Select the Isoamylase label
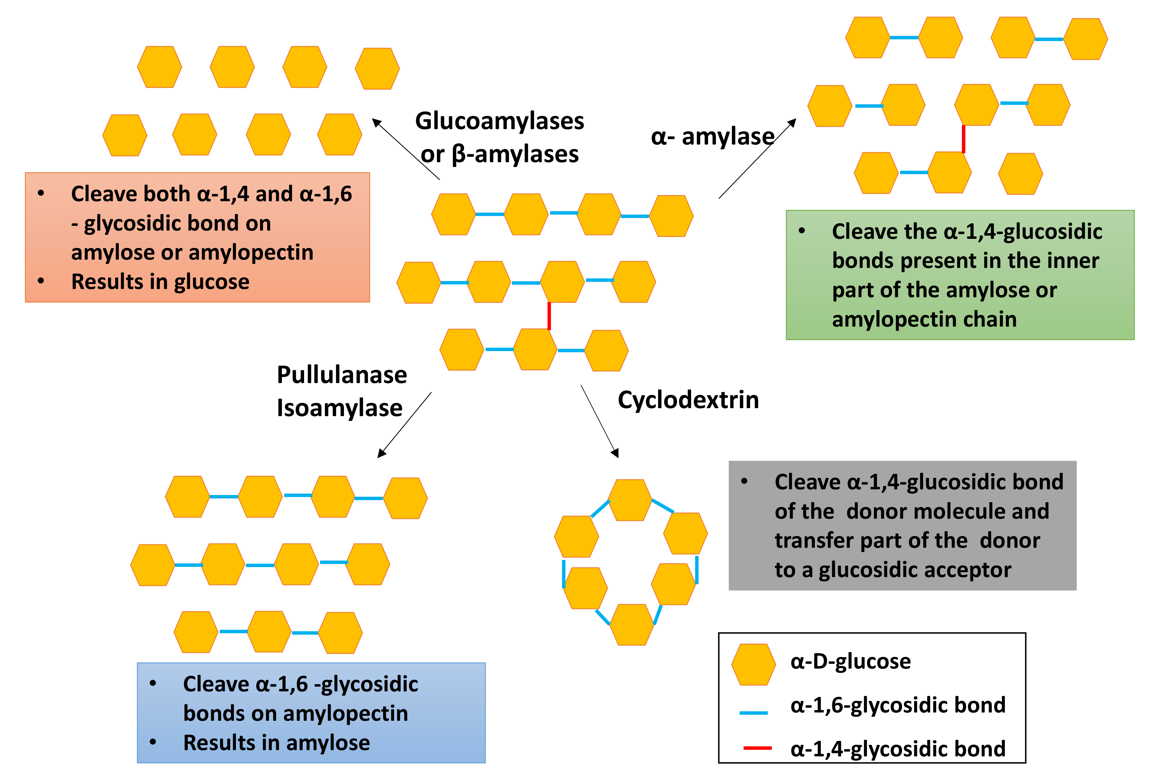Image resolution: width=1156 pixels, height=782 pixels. pyautogui.click(x=339, y=408)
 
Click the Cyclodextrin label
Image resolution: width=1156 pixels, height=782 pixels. pyautogui.click(x=688, y=400)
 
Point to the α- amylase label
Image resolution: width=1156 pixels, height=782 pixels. pyautogui.click(x=712, y=136)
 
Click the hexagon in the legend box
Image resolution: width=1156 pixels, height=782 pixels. pyautogui.click(x=753, y=664)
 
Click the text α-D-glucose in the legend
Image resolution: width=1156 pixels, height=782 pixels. pyautogui.click(x=850, y=661)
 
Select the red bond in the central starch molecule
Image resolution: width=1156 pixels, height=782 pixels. pyautogui.click(x=549, y=316)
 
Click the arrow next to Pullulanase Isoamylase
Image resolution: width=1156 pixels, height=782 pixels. pyautogui.click(x=404, y=424)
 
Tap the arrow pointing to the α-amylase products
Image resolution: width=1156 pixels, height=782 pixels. pyautogui.click(x=757, y=158)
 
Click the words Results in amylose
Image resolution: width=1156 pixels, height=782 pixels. pyautogui.click(x=276, y=743)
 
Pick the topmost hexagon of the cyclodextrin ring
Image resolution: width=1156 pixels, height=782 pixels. pyautogui.click(x=630, y=500)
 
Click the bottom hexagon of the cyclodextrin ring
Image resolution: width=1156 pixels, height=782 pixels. pyautogui.click(x=632, y=624)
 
